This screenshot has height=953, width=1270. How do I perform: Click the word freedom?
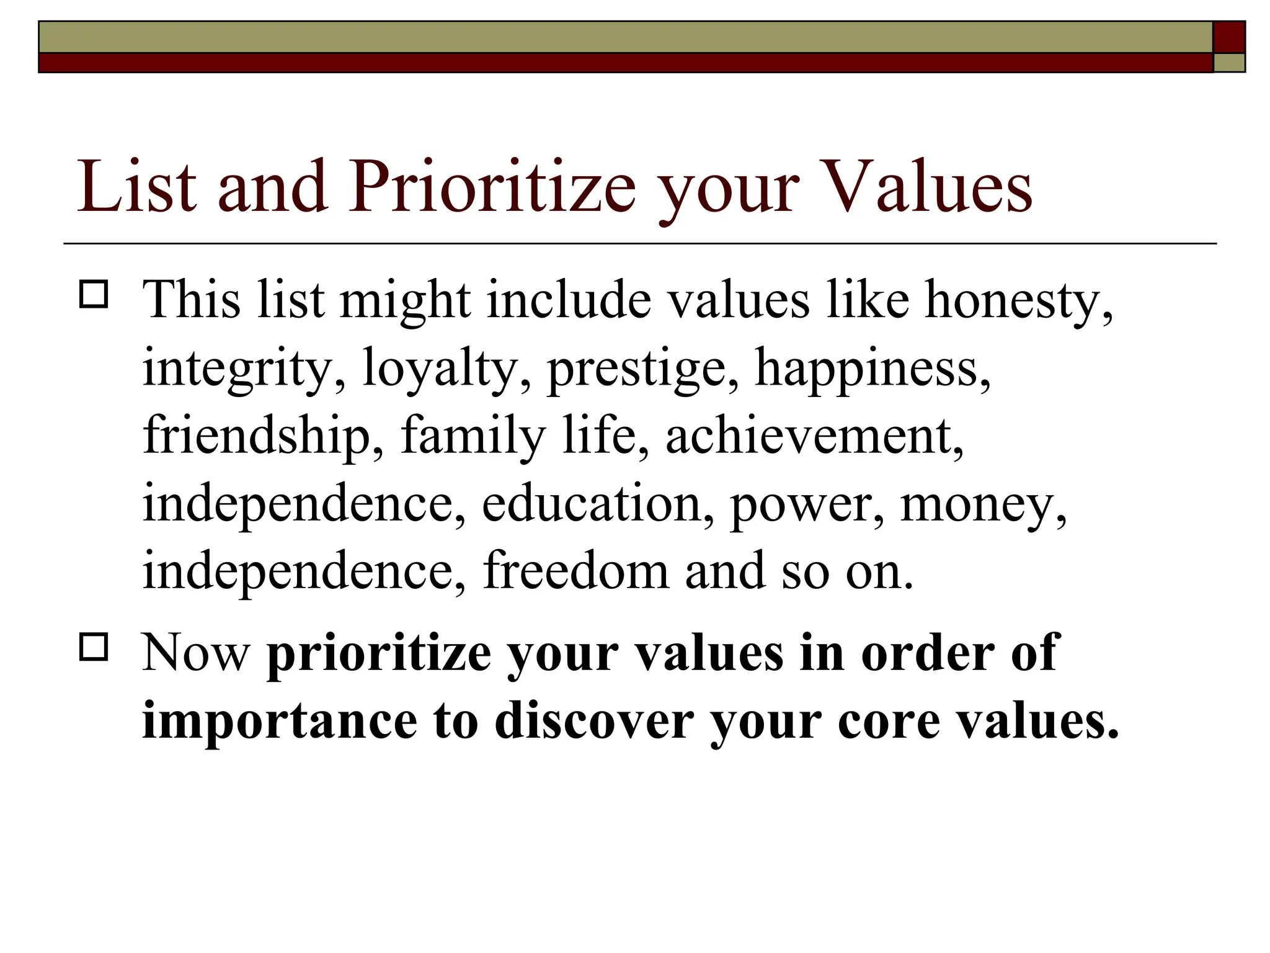(x=576, y=571)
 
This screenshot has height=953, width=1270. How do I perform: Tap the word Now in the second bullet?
(x=196, y=653)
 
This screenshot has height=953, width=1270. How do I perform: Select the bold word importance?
(x=280, y=722)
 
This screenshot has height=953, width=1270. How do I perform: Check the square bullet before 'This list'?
(x=94, y=294)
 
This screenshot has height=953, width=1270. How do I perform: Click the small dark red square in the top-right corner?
(x=1228, y=37)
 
